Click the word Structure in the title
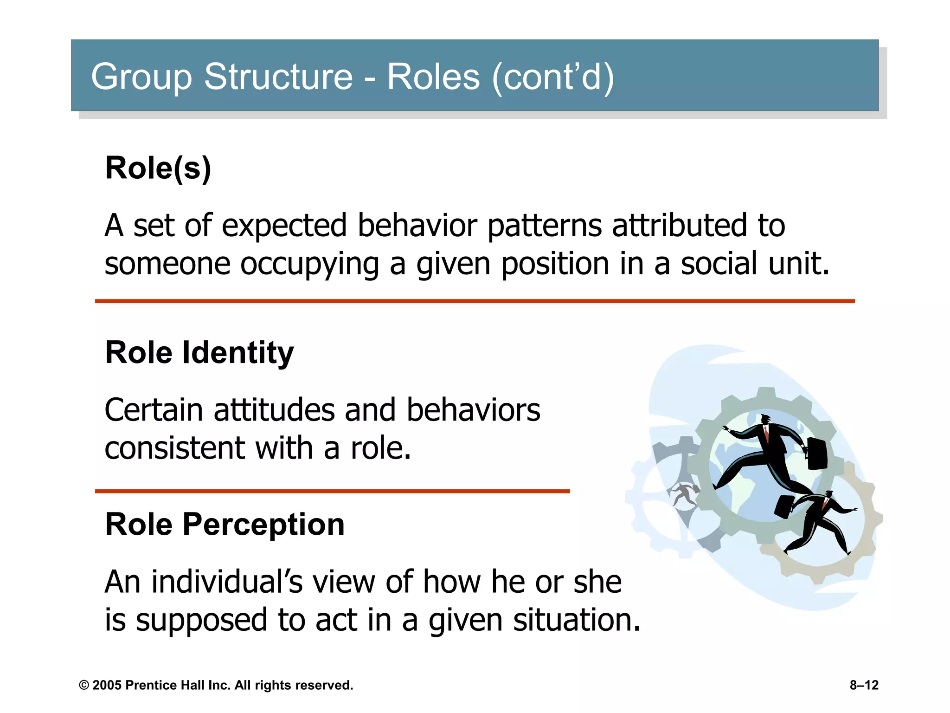[x=278, y=77]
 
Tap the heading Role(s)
[x=158, y=168]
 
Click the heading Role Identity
[x=199, y=353]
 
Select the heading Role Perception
[x=225, y=525]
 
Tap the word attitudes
[x=274, y=410]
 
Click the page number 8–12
[x=864, y=685]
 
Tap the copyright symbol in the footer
[x=84, y=686]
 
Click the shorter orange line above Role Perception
[x=332, y=491]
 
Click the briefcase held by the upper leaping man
[x=816, y=453]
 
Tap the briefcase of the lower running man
[x=783, y=506]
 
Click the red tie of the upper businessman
[x=766, y=434]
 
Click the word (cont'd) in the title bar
[x=553, y=78]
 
